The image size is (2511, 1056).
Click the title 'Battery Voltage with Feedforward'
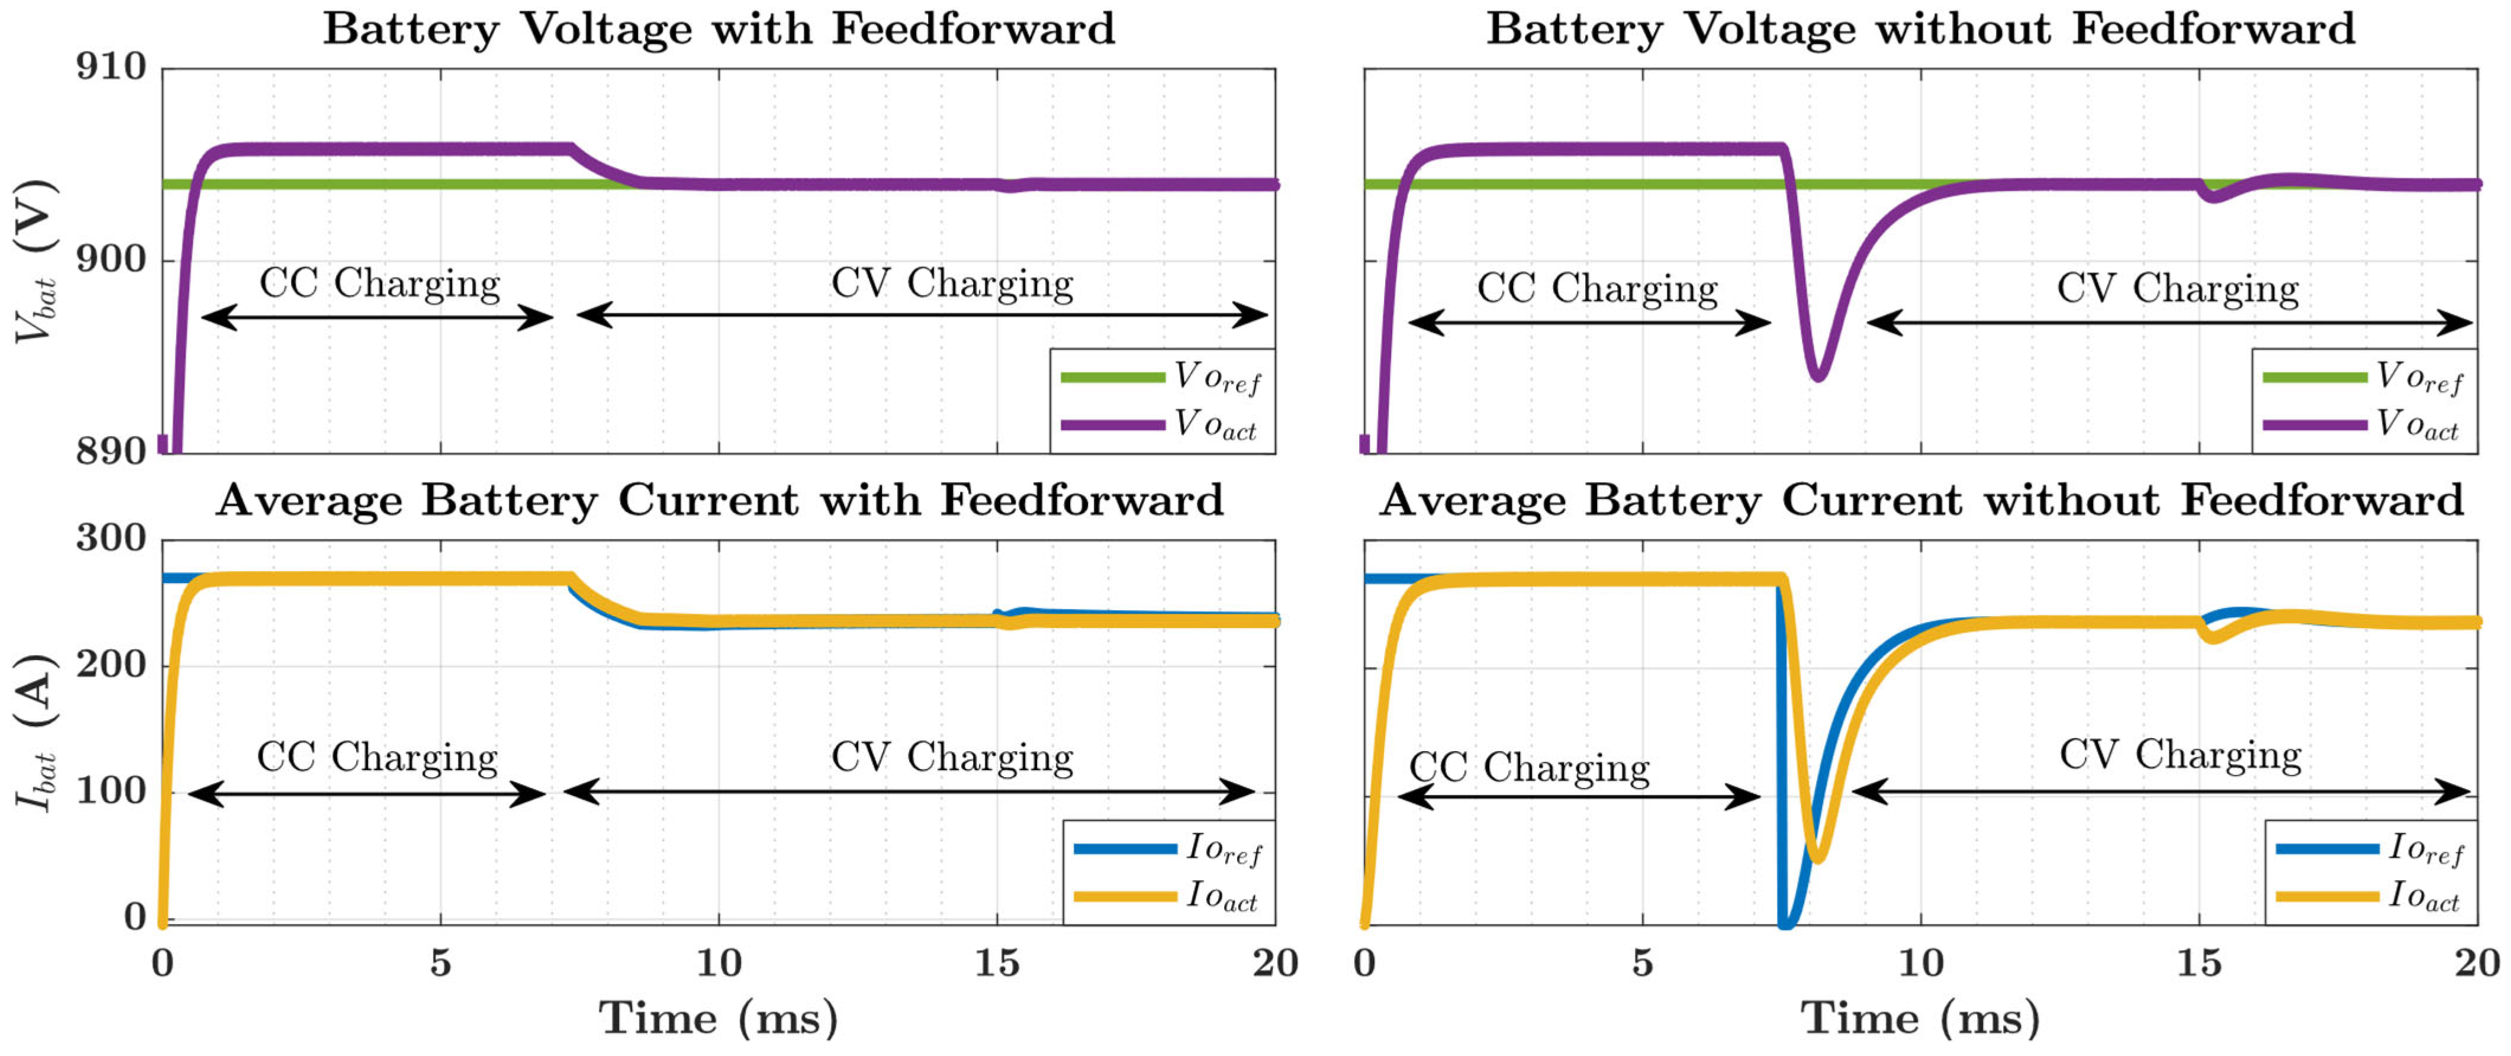click(719, 28)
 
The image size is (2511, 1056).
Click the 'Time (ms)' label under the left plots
click(719, 1018)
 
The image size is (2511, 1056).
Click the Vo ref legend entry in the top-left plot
click(1160, 376)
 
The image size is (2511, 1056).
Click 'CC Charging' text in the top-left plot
click(379, 284)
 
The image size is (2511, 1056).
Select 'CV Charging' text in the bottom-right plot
click(2180, 755)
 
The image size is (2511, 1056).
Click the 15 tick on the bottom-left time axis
click(997, 964)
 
